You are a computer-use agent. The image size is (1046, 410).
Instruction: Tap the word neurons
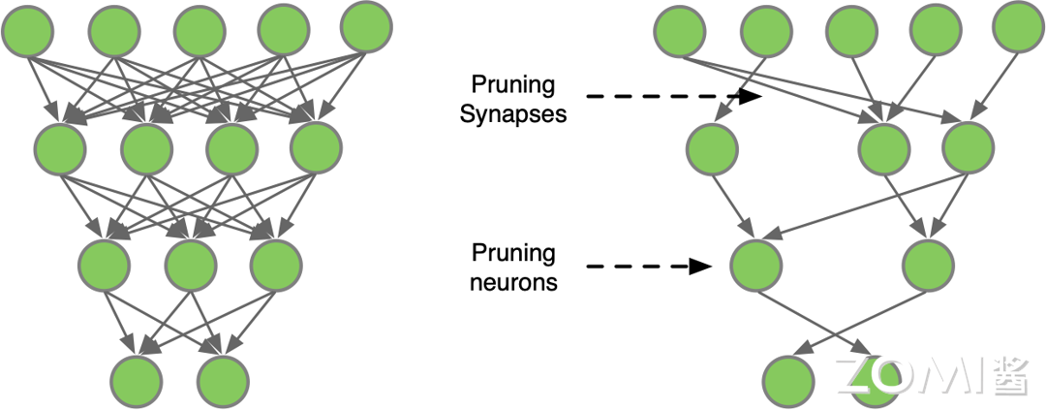coord(514,282)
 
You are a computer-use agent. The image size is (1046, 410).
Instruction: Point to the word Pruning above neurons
coord(514,254)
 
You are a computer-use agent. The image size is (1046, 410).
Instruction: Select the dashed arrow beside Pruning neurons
coord(645,266)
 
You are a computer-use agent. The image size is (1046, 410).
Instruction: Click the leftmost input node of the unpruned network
coord(30,30)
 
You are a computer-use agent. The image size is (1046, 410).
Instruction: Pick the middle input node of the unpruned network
coord(202,30)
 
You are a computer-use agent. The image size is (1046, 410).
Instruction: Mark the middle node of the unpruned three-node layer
coord(190,261)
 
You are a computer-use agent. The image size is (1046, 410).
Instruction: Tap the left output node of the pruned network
coord(788,380)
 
